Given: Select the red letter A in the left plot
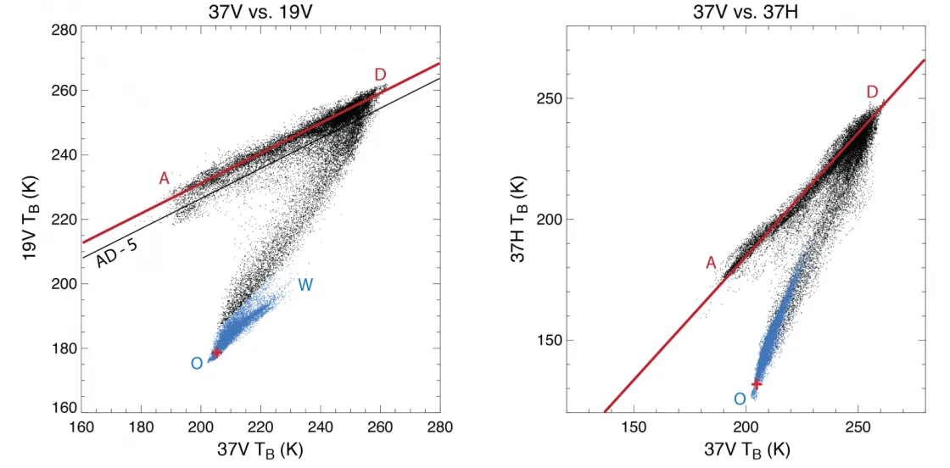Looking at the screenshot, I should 165,178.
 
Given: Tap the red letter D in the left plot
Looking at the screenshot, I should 381,75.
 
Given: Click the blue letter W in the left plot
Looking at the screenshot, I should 305,286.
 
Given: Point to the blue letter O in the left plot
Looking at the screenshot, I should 196,364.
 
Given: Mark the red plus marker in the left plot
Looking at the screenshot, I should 216,352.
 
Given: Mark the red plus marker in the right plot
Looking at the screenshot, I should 756,384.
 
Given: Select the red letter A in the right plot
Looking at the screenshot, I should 711,264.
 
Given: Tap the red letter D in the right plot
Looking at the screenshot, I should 873,92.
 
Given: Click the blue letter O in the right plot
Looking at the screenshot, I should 739,399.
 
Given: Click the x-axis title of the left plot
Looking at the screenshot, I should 260,450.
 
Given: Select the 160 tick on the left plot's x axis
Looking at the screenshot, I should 81,427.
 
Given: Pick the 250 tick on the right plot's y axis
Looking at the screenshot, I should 552,98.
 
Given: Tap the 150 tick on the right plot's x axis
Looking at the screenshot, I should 634,427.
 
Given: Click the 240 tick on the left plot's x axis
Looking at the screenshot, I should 321,427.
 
